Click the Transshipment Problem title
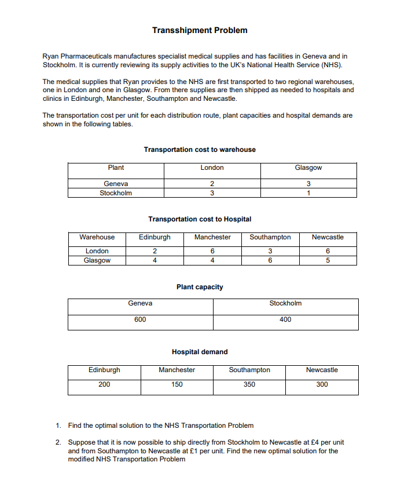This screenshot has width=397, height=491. [x=200, y=30]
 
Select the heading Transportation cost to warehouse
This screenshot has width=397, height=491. [x=200, y=150]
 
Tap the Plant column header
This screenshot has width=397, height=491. [x=116, y=168]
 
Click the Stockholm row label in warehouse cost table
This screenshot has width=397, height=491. [x=116, y=193]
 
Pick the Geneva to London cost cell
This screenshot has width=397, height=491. [x=212, y=184]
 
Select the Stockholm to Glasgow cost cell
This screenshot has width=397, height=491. [x=308, y=193]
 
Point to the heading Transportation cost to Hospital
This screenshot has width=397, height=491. [x=200, y=219]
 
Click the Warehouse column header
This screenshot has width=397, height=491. [x=97, y=237]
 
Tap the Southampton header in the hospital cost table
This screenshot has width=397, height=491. [x=270, y=237]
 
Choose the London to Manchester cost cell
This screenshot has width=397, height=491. [x=212, y=251]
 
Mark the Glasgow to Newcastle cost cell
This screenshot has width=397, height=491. [x=328, y=260]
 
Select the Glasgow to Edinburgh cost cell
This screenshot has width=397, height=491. [x=155, y=260]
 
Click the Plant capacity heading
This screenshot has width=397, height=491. [x=200, y=287]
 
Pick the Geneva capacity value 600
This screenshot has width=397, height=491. [x=140, y=319]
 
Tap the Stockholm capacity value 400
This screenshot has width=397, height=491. [x=285, y=319]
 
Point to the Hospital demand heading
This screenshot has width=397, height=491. [x=200, y=352]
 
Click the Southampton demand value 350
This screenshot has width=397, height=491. [x=249, y=384]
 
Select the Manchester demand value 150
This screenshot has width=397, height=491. [x=177, y=384]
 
